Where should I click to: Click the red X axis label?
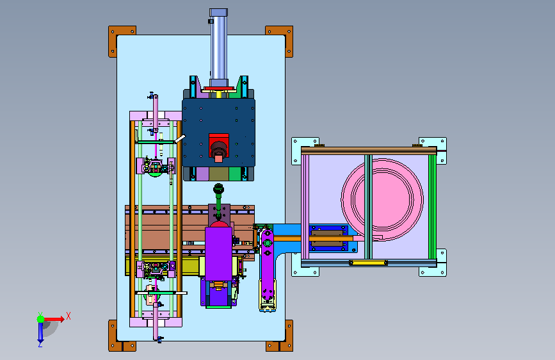[x=68, y=316]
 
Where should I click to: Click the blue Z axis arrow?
[x=40, y=332]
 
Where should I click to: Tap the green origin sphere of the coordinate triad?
[x=41, y=319]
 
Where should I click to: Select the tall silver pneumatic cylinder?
[x=218, y=48]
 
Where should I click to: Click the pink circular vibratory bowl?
[x=382, y=199]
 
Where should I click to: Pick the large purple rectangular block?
[x=219, y=254]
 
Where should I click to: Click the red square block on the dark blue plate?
[x=219, y=145]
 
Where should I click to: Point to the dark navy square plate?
[x=218, y=132]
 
